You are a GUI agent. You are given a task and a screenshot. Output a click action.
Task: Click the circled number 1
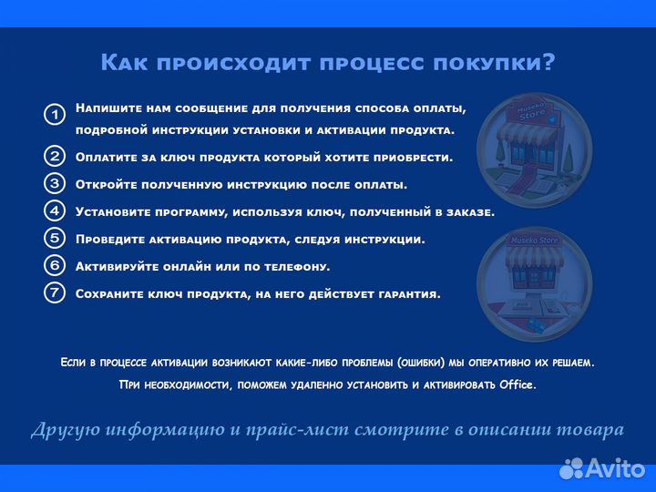(55, 115)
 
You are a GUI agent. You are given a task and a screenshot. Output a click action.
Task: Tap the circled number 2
(55, 156)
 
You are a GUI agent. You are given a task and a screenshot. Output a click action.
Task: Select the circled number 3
(55, 183)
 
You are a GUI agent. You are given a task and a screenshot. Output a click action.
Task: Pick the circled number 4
(55, 210)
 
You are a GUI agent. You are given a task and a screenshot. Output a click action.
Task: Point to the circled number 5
(55, 239)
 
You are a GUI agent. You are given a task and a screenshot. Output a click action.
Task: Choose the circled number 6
(55, 266)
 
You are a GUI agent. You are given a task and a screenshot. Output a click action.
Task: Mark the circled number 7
(55, 293)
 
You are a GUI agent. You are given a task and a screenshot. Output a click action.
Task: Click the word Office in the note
(517, 385)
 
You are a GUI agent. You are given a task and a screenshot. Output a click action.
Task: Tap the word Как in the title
(122, 63)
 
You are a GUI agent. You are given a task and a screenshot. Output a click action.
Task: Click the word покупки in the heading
(495, 63)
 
